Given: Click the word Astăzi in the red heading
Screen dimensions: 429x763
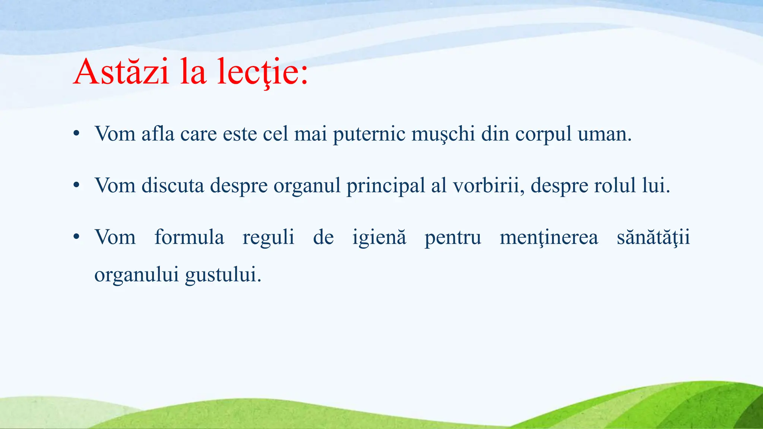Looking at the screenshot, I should (121, 71).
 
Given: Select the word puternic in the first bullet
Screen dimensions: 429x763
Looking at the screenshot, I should (369, 134).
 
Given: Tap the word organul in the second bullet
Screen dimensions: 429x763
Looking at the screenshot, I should (307, 185).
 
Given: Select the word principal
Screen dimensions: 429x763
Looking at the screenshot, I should (386, 185).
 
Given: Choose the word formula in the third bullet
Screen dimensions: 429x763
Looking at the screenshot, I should (189, 237).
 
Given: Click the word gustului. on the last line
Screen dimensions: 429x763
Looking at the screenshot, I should (223, 275).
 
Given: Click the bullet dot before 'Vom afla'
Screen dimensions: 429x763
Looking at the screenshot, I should (76, 134).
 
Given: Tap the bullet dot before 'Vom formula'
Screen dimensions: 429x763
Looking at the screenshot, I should (76, 237).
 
